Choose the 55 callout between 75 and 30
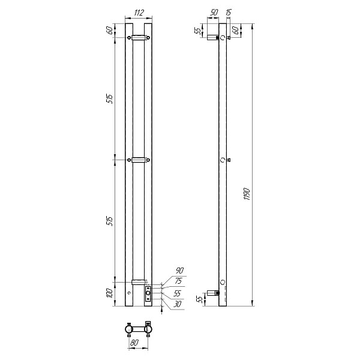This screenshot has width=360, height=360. tap(178, 293)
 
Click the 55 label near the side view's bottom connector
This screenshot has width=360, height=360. tap(199, 298)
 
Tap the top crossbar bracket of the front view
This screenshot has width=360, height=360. tap(139, 37)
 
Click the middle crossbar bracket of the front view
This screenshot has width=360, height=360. tap(139, 160)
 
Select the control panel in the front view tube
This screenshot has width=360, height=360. tap(148, 294)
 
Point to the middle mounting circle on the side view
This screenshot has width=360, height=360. tap(223, 160)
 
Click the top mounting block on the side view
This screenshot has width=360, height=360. tap(212, 37)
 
